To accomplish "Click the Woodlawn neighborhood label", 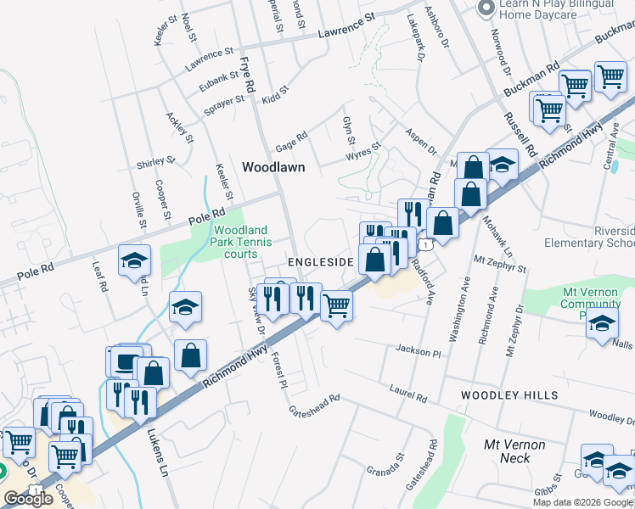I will click(x=273, y=167).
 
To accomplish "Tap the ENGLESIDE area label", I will click(x=320, y=262).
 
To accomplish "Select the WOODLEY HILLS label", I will click(x=509, y=395).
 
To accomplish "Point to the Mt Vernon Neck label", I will click(x=514, y=451).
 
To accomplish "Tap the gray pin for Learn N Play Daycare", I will click(x=486, y=9).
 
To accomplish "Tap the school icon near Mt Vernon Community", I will click(x=602, y=324).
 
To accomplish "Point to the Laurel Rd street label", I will click(x=408, y=396).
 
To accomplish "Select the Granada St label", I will click(x=386, y=465).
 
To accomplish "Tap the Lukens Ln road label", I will click(x=160, y=443).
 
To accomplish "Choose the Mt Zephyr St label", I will click(x=500, y=267).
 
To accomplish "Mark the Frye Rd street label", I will click(x=247, y=75).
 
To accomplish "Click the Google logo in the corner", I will click(x=28, y=499).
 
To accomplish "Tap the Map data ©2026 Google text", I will click(x=582, y=501).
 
